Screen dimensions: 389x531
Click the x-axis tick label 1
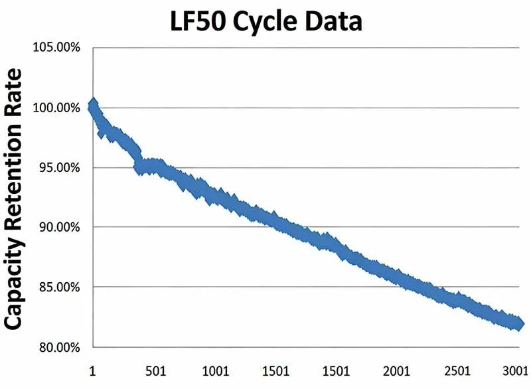pyautogui.click(x=94, y=370)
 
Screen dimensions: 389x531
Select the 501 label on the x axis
pyautogui.click(x=155, y=370)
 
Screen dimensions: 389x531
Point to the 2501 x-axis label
pyautogui.click(x=457, y=370)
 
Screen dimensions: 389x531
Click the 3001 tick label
pyautogui.click(x=517, y=370)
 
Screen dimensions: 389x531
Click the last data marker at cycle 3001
pyautogui.click(x=518, y=324)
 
